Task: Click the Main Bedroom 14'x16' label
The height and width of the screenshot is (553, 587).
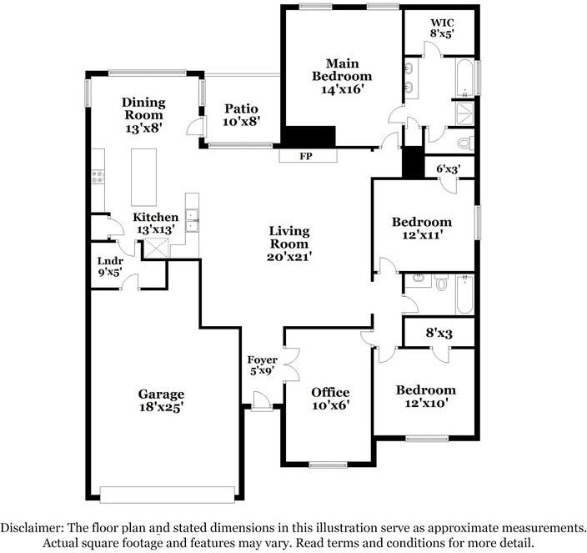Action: coord(342,76)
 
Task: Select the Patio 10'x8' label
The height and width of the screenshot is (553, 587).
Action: coord(242,115)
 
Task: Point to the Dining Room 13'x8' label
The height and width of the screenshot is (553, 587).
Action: coord(145,115)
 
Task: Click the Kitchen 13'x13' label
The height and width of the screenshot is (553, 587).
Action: coord(156,224)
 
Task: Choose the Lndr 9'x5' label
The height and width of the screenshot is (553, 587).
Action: coord(110,265)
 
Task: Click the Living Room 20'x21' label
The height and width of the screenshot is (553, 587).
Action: coord(289,243)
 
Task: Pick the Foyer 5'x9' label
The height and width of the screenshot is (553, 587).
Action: coord(263,366)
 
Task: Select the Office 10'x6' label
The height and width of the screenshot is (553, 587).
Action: coord(330,399)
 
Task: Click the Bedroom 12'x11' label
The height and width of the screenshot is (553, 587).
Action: coord(422,229)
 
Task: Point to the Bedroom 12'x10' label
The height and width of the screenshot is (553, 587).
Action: coord(425,396)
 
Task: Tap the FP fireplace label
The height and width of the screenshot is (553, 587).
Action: coord(308,156)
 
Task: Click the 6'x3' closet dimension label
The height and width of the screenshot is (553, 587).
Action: coord(449,169)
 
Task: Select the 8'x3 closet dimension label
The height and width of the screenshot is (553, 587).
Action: coord(440,332)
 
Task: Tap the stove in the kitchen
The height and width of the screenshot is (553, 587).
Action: coord(97,177)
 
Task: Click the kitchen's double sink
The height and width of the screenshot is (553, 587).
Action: coord(191,219)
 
